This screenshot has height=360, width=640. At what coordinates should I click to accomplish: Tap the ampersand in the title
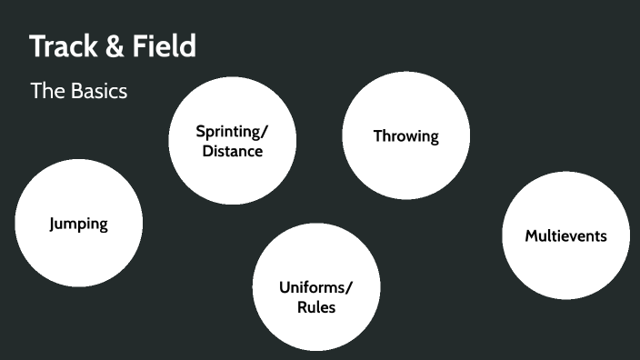116,46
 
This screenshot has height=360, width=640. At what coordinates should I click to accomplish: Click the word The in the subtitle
45,91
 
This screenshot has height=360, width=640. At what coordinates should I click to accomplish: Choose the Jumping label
78,224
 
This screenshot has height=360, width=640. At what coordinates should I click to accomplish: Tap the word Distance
233,151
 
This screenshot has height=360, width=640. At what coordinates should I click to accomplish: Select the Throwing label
405,136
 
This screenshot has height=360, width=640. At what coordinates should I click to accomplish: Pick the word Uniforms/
315,287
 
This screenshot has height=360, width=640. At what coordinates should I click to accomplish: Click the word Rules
316,307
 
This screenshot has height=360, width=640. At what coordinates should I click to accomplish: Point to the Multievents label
565,235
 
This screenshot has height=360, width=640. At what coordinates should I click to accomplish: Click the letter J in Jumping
53,224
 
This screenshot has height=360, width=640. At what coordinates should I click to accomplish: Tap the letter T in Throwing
377,136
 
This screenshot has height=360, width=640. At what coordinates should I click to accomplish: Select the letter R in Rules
302,307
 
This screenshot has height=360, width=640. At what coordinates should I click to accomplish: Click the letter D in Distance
207,151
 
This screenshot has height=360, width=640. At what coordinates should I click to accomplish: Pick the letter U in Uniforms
284,287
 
